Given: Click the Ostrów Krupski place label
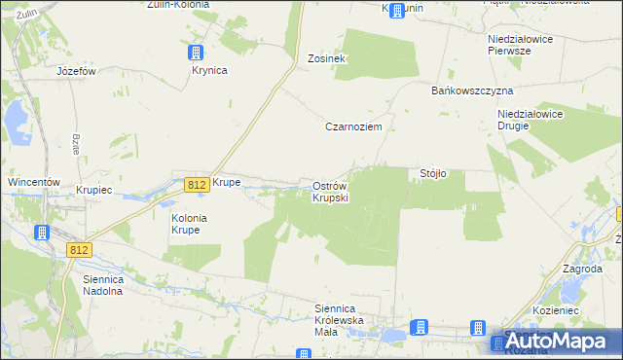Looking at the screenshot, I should coord(330,192).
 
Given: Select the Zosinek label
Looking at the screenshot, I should coord(327,58).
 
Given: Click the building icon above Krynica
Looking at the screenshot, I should coord(197,53).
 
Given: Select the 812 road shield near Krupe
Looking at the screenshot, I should coord(195,184).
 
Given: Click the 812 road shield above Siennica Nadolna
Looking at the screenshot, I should coord(80,250).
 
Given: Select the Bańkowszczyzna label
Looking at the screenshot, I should coord(471,90).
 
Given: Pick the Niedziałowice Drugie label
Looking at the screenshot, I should coord(526,120).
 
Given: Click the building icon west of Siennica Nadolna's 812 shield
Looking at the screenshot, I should coord(43,234).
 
